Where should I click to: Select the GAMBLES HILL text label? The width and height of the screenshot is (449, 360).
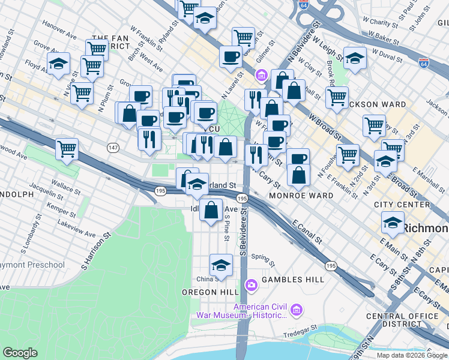293,280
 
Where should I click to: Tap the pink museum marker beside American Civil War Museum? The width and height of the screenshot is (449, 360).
295,310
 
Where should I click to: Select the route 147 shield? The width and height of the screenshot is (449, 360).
112,147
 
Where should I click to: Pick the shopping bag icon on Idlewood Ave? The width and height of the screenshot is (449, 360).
211,211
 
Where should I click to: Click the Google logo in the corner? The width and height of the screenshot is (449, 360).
20,353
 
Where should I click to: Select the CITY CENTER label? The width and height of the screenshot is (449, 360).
402,205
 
